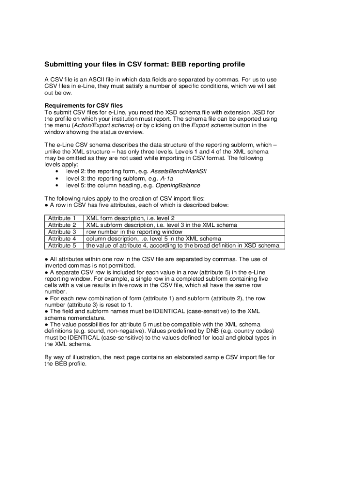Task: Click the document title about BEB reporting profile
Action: [x=144, y=64]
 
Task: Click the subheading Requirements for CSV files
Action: [x=83, y=106]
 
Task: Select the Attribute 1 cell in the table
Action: [x=62, y=218]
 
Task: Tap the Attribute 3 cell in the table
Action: [x=62, y=232]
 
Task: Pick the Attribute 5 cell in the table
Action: [x=62, y=245]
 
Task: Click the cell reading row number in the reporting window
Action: [x=134, y=232]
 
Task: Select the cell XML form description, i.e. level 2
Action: [x=130, y=218]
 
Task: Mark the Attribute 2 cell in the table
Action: [x=62, y=225]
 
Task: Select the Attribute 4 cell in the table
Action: [x=62, y=239]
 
